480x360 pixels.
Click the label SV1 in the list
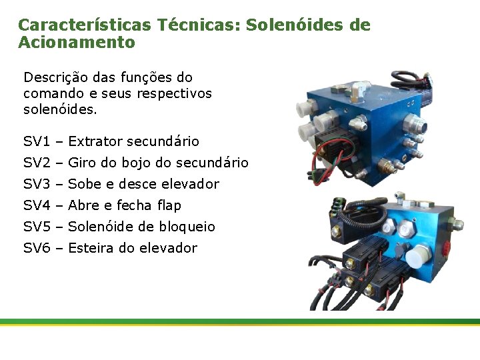click(x=37, y=141)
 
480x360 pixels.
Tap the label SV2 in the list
click(x=37, y=163)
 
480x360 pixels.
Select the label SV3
click(x=37, y=184)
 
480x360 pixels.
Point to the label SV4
click(x=37, y=205)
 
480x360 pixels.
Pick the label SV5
click(x=37, y=227)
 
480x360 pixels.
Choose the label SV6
click(x=37, y=248)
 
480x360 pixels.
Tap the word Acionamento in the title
click(x=77, y=43)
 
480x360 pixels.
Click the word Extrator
click(x=95, y=141)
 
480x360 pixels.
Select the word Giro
click(x=83, y=163)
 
